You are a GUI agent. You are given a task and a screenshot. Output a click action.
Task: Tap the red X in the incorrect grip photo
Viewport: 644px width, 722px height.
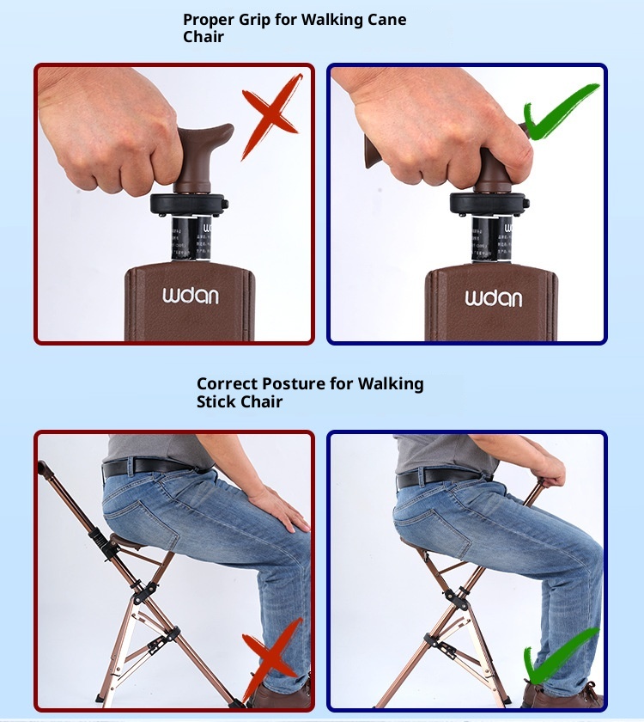[x=271, y=116]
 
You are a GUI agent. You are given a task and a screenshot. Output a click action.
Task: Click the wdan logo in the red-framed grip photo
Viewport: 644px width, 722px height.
[x=191, y=297]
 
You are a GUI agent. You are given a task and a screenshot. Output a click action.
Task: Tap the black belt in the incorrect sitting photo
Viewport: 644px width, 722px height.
[x=146, y=467]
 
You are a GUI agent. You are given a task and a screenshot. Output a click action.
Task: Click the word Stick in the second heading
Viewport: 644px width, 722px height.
[x=219, y=401]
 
